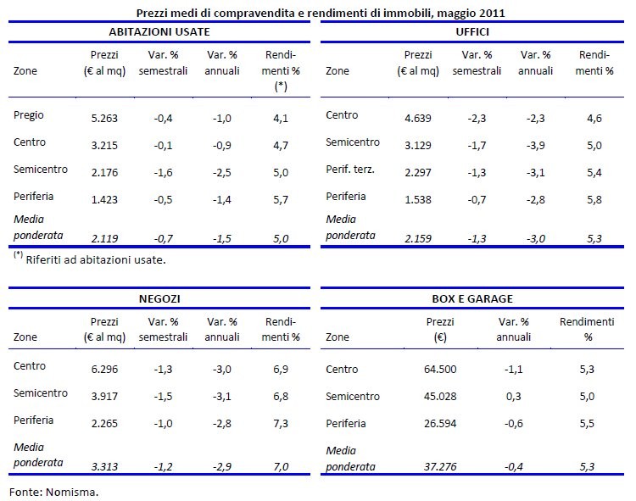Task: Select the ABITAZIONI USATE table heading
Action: click(159, 31)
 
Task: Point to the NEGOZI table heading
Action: click(159, 299)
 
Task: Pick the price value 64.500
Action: click(440, 370)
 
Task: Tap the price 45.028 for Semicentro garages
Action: click(440, 397)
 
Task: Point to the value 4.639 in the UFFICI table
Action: click(416, 116)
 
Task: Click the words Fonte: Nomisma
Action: click(53, 491)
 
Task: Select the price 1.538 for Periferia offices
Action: click(416, 197)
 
